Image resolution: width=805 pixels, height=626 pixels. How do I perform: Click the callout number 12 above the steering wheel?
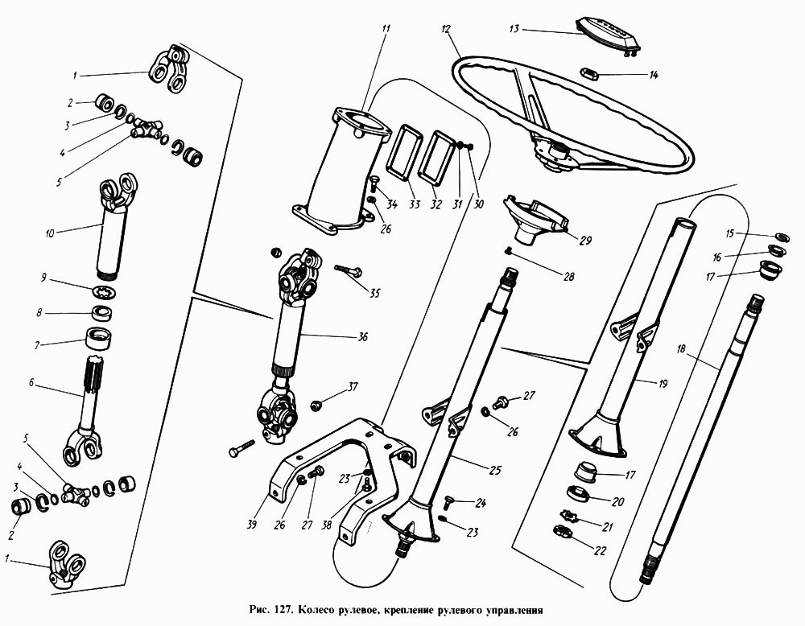pos(445,29)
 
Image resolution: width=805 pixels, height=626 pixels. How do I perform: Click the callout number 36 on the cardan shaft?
pos(362,336)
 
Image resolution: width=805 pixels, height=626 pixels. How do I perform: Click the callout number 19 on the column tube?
pos(663,385)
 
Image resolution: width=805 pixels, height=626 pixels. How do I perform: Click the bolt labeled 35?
pos(347,272)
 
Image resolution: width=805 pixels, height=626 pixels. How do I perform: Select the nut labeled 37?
pos(316,398)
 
